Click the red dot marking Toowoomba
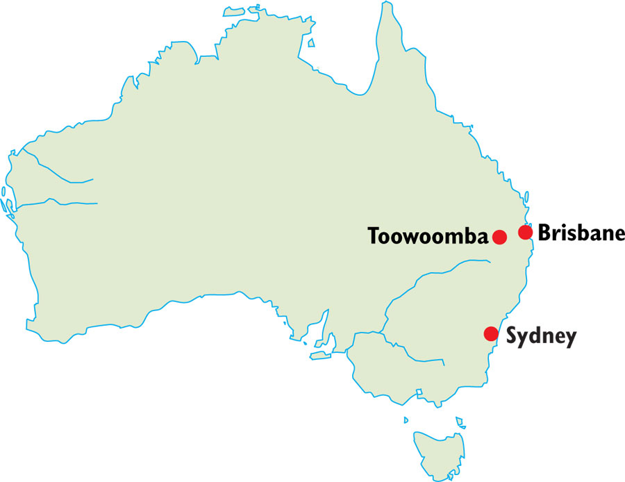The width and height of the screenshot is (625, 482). coord(499,237)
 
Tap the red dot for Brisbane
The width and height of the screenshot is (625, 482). coord(525,232)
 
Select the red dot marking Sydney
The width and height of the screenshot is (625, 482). coord(491,333)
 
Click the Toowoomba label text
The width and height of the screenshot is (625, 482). coord(428,237)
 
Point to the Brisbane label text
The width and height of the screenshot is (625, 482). coord(581,233)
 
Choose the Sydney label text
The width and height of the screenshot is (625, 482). coord(541,337)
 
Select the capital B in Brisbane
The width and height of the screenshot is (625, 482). coord(545,233)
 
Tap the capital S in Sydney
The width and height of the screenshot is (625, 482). coord(512,337)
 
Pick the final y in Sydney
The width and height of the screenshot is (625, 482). coord(571,339)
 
